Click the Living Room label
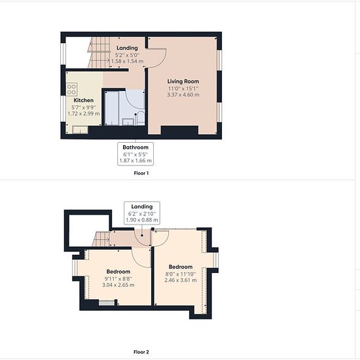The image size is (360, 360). [x=183, y=81]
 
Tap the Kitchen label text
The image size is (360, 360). [x=84, y=100]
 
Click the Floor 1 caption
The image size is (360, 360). [x=141, y=173]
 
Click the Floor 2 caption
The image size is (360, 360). [x=141, y=351]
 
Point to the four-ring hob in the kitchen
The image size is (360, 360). [x=71, y=89]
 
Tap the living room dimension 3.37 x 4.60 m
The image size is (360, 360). [x=183, y=95]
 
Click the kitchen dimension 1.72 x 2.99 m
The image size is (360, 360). [x=84, y=113]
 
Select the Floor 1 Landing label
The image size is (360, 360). [x=127, y=48]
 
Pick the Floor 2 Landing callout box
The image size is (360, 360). [x=142, y=213]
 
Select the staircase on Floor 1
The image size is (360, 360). [x=99, y=52]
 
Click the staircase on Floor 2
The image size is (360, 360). [x=101, y=239]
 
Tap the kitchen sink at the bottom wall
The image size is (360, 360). [x=81, y=130]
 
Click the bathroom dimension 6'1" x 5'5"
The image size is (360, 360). [x=135, y=154]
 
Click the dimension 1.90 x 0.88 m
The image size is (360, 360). [x=142, y=220]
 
